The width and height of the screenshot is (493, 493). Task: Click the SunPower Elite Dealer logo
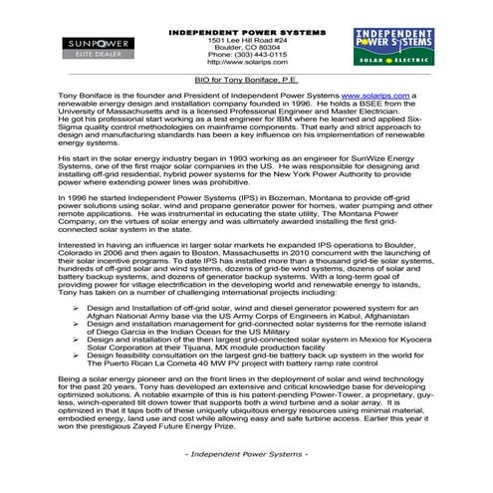coord(89,47)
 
